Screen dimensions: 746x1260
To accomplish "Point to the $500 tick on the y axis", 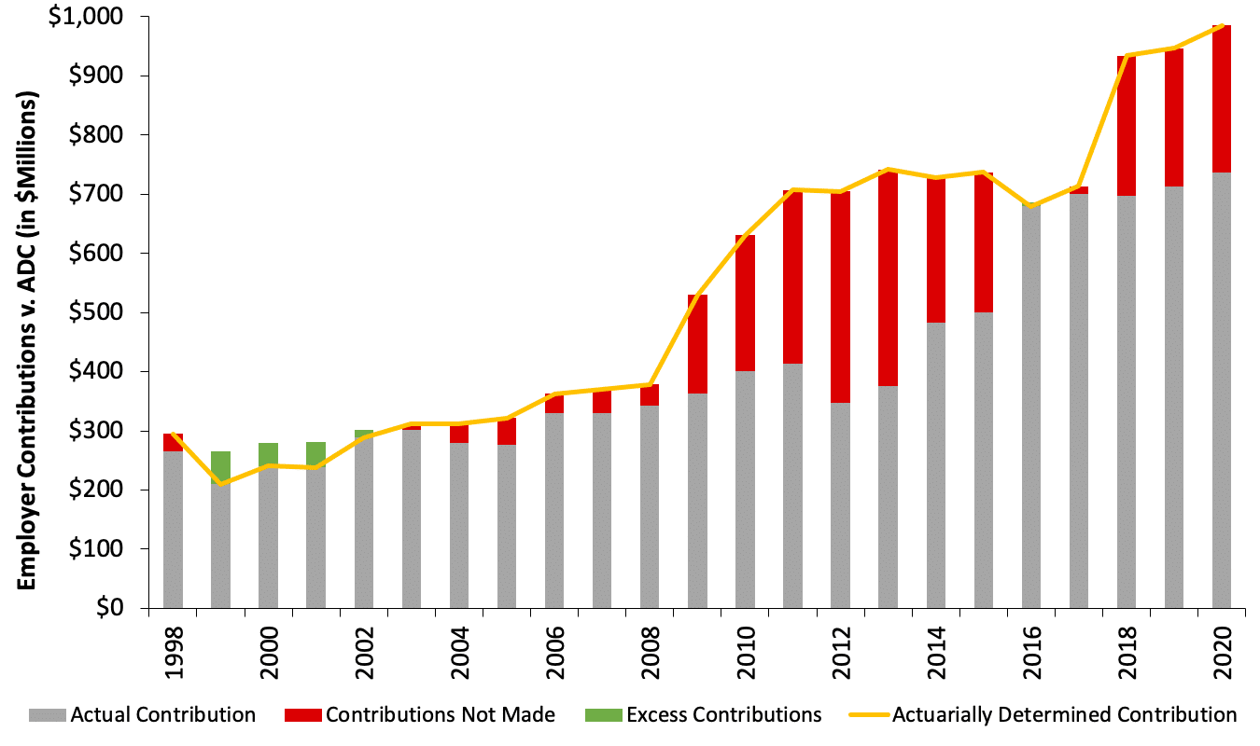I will (x=143, y=312).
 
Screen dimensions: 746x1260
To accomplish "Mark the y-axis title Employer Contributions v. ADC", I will (x=27, y=340).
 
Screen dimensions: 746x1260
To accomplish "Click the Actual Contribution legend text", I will (x=163, y=715).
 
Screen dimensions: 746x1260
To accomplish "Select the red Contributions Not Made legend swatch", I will (x=313, y=715).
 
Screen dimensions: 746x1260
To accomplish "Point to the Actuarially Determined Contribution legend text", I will (x=1064, y=715).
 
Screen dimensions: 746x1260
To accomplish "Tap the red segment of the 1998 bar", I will (x=173, y=442).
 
